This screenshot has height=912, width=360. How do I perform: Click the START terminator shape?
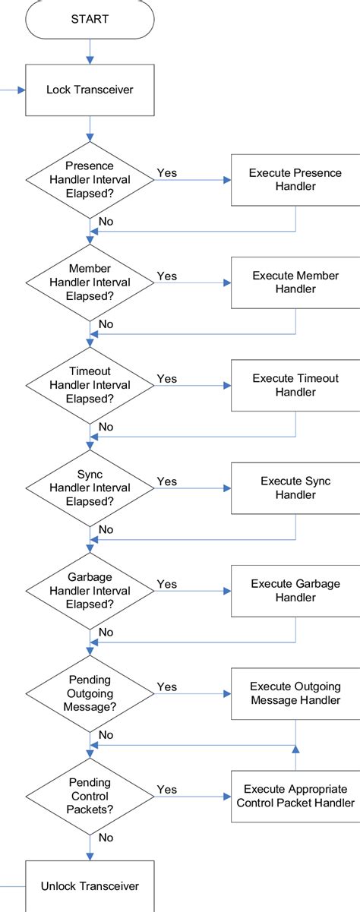pyautogui.click(x=90, y=19)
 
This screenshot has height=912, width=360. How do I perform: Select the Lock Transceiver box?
pyautogui.click(x=90, y=90)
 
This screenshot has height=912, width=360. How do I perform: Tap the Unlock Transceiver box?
pyautogui.click(x=90, y=886)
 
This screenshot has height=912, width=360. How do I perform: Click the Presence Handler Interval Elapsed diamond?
pyautogui.click(x=90, y=179)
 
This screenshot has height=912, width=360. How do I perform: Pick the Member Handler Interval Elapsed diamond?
pyautogui.click(x=90, y=282)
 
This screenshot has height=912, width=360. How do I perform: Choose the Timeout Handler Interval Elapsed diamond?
pyautogui.click(x=90, y=385)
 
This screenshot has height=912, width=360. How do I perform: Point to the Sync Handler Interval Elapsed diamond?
pyautogui.click(x=90, y=488)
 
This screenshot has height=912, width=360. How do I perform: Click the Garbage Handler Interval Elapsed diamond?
pyautogui.click(x=90, y=591)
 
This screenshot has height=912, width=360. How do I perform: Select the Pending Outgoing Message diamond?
pyautogui.click(x=90, y=693)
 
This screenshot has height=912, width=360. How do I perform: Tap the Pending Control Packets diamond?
pyautogui.click(x=90, y=796)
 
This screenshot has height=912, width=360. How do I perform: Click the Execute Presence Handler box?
pyautogui.click(x=295, y=180)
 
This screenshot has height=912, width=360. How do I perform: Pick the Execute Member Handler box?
pyautogui.click(x=295, y=282)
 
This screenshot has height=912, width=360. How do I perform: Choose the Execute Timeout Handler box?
pyautogui.click(x=295, y=385)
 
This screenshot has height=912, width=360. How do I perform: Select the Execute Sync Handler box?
pyautogui.click(x=295, y=488)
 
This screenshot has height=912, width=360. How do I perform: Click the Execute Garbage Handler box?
pyautogui.click(x=295, y=591)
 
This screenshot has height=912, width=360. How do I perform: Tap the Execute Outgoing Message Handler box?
pyautogui.click(x=295, y=693)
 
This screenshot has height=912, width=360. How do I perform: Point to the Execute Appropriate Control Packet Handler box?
pyautogui.click(x=295, y=797)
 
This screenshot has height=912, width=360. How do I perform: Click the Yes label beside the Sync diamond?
pyautogui.click(x=167, y=481)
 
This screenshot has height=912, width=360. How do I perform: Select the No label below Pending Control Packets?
pyautogui.click(x=106, y=838)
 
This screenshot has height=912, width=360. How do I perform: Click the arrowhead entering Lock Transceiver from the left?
pyautogui.click(x=21, y=90)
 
